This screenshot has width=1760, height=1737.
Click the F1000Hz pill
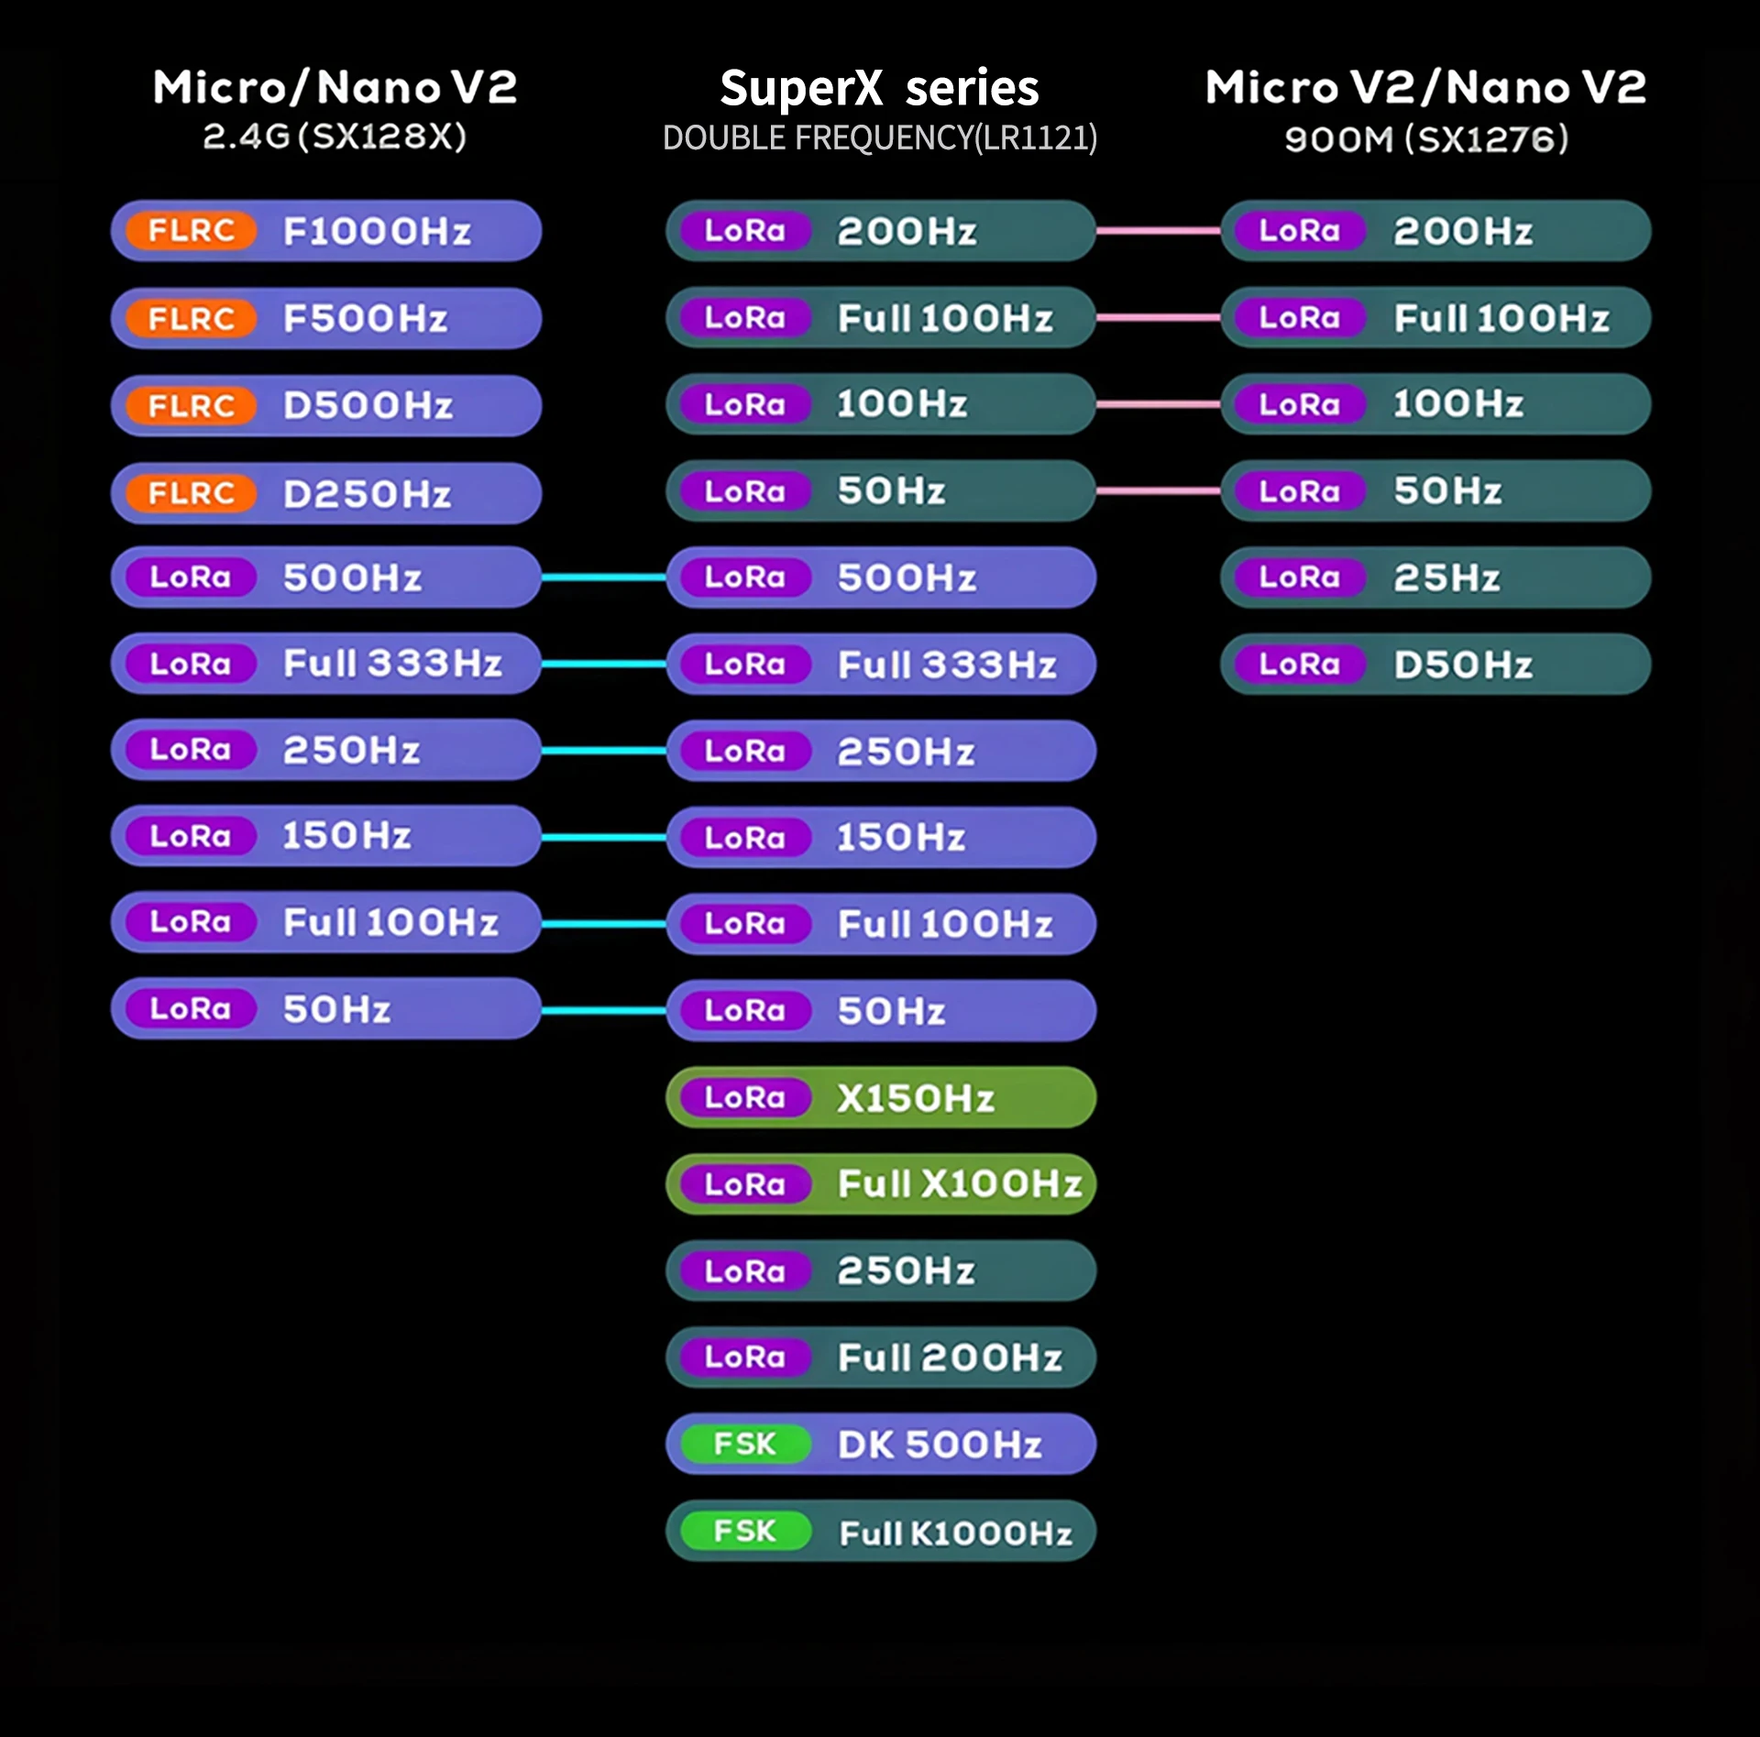pyautogui.click(x=325, y=231)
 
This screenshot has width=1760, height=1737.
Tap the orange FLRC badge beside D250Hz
pyautogui.click(x=191, y=493)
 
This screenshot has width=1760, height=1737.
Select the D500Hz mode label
pyautogui.click(x=368, y=405)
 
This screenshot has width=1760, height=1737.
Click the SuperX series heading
pyautogui.click(x=879, y=88)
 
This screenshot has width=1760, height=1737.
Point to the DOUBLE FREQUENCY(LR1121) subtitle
pyautogui.click(x=879, y=138)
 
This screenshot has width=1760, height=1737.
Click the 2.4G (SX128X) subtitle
pyautogui.click(x=335, y=137)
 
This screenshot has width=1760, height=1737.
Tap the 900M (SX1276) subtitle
pyautogui.click(x=1425, y=139)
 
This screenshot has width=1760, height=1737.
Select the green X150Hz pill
pyautogui.click(x=880, y=1097)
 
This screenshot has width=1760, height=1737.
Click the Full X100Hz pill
pyautogui.click(x=880, y=1183)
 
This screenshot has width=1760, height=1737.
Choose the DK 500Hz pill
pyautogui.click(x=880, y=1444)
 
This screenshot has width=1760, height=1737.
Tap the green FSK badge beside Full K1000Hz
pyautogui.click(x=744, y=1531)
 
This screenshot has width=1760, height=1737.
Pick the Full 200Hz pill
pyautogui.click(x=880, y=1357)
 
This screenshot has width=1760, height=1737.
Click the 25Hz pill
pyautogui.click(x=1435, y=577)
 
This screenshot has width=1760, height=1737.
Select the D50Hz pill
pyautogui.click(x=1435, y=664)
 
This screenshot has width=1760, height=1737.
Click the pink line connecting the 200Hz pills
pyautogui.click(x=1158, y=231)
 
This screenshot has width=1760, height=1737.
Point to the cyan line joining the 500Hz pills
pyautogui.click(x=603, y=577)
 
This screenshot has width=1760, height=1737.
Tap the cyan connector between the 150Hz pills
pyautogui.click(x=603, y=837)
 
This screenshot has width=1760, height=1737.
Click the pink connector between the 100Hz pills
pyautogui.click(x=1158, y=404)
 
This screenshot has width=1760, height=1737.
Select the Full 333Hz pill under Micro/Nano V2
pyautogui.click(x=325, y=663)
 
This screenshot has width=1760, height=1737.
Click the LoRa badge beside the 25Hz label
pyautogui.click(x=1299, y=577)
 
